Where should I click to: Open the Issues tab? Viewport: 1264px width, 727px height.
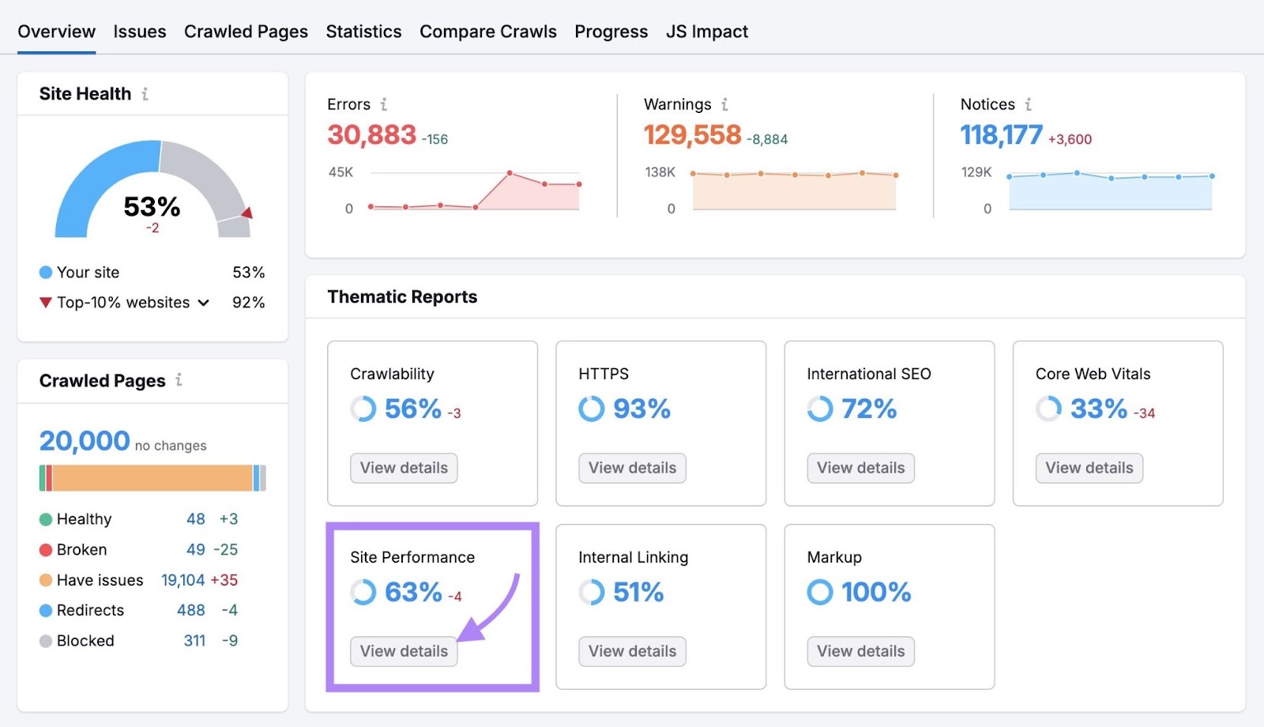click(139, 32)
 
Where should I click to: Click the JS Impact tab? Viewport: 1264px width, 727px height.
click(706, 32)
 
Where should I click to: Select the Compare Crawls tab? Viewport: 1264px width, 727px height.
click(487, 32)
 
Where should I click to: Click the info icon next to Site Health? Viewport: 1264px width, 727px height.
click(145, 94)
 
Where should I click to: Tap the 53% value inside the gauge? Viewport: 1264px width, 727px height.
click(152, 207)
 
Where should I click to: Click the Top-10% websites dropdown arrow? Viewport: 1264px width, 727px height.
click(204, 303)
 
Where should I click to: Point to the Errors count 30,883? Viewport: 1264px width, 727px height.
click(371, 135)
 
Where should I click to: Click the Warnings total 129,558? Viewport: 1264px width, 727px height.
click(692, 135)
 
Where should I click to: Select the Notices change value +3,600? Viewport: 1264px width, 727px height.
click(1070, 139)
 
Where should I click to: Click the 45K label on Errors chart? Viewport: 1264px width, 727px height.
click(340, 172)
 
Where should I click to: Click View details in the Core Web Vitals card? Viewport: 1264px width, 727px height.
click(1089, 468)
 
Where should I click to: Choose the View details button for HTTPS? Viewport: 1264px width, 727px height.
click(632, 468)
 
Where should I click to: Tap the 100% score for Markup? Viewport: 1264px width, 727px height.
click(875, 592)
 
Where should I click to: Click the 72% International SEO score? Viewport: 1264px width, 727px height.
click(868, 409)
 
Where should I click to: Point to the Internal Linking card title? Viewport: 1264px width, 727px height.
click(633, 557)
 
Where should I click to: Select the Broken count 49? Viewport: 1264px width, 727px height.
click(196, 549)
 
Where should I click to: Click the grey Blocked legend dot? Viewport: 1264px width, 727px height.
click(46, 641)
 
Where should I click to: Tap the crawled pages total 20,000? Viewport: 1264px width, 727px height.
click(85, 441)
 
